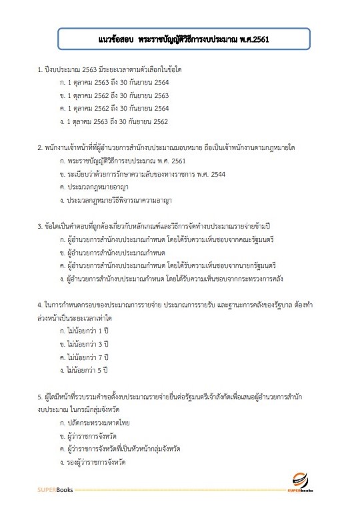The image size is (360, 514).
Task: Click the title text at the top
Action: pos(179,38)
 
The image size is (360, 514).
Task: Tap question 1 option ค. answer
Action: pos(113,108)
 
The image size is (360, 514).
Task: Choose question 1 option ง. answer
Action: pos(113,121)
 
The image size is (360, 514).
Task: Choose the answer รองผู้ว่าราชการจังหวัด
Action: pos(96,461)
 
